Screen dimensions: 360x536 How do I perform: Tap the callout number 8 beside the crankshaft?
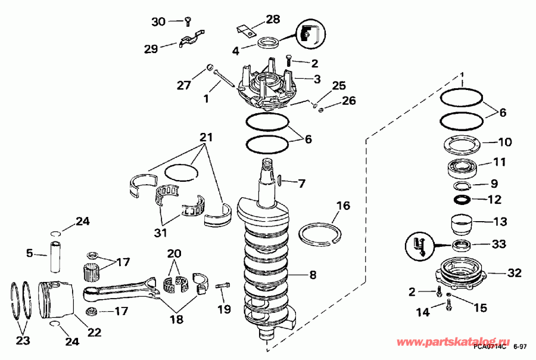313,275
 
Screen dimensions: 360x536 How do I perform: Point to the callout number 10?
504,142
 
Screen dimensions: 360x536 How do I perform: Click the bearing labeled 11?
462,167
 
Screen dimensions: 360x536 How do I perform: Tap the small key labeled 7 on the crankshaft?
279,179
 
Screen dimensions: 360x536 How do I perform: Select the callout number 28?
272,19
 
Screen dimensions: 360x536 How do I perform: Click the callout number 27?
183,85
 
